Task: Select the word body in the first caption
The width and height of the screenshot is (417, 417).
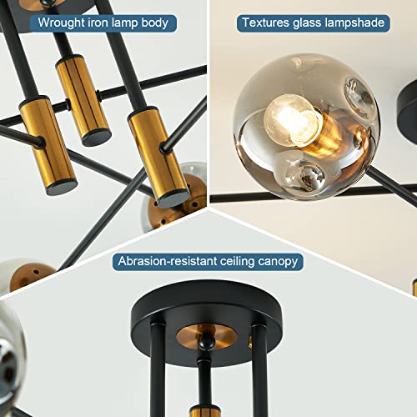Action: point(156,23)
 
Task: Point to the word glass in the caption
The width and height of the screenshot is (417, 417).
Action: point(310,23)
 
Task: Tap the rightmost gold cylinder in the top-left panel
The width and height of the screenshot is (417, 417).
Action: point(157,150)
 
